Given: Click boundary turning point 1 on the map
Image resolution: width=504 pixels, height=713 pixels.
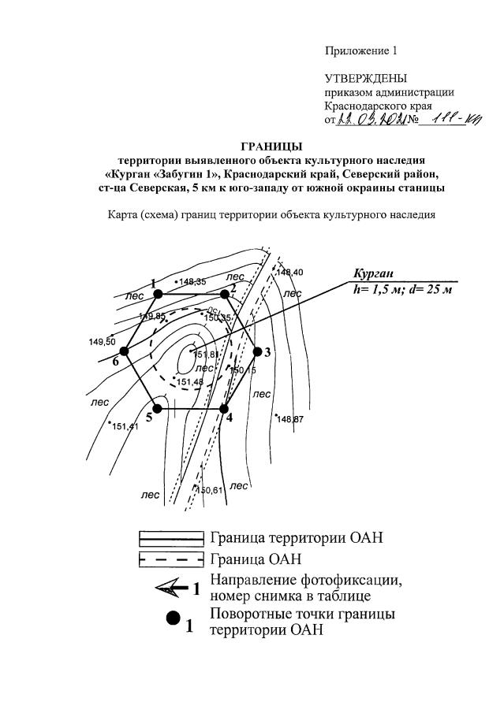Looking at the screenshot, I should coord(158,294).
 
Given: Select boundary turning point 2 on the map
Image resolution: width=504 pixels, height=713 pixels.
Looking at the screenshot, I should coord(226,294).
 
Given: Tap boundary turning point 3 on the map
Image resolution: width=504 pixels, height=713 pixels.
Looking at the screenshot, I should coord(256,352).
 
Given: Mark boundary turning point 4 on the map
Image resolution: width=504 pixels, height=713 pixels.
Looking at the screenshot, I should coord(224,409).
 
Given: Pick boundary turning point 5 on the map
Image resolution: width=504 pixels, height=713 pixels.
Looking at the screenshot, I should coord(158,409).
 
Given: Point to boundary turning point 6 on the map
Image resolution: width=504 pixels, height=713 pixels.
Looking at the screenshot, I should coord(124,352).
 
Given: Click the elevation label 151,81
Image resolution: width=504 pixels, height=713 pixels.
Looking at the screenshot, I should coord(205,355).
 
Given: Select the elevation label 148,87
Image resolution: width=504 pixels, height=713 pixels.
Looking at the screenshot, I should coord(289,418).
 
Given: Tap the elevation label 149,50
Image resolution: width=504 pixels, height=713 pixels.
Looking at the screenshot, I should coord(103,342).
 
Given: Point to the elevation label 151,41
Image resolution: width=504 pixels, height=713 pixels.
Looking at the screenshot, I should coord(125,427).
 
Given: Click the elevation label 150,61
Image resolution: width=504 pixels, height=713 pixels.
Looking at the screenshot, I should coord(209,490).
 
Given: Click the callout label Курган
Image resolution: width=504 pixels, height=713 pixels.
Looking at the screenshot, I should coord(373,274).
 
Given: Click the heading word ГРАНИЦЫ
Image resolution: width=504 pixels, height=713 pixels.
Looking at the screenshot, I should coord(271,146).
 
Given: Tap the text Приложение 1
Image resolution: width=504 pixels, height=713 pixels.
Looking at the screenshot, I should coord(361,51).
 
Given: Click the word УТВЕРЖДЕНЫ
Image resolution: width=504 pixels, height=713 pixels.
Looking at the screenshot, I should coord(366,79).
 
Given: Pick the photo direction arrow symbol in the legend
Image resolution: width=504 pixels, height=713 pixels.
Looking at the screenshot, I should coord(170,587).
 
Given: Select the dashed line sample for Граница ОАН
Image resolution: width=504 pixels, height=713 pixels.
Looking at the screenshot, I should coord(171,559).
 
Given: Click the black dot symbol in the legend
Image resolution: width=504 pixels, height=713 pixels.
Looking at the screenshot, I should coord(171,620).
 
